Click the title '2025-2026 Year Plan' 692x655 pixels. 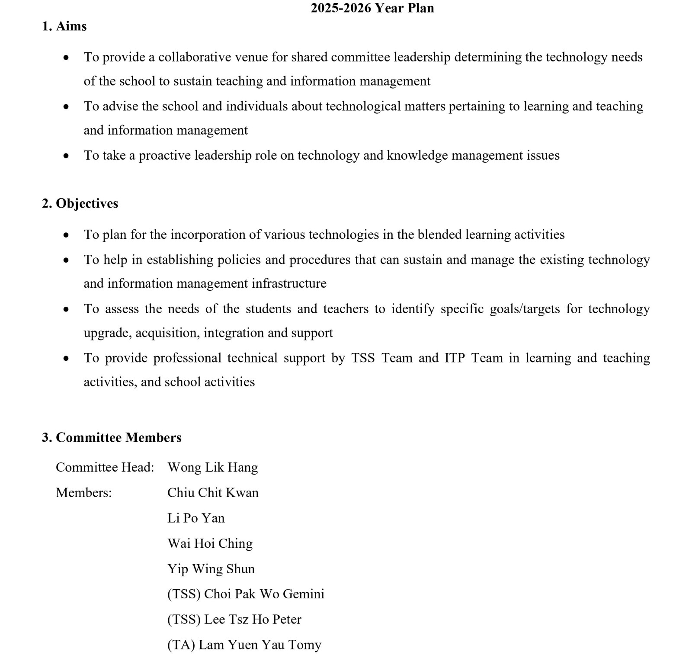tap(372, 8)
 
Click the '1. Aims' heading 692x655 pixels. tap(64, 26)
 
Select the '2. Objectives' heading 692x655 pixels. tap(80, 203)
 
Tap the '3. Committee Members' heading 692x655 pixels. tap(112, 437)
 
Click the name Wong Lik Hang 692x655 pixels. tap(212, 467)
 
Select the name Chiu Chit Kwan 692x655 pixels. tap(213, 493)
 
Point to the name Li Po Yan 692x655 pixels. tap(196, 518)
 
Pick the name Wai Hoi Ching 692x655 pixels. tap(210, 543)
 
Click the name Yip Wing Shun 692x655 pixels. tap(211, 569)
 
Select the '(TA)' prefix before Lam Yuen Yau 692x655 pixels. tap(181, 645)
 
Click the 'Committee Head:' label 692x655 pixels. tap(105, 467)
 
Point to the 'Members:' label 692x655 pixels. tap(83, 493)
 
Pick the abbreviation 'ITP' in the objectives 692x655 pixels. tap(454, 358)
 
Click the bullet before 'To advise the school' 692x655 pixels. tap(66, 106)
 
